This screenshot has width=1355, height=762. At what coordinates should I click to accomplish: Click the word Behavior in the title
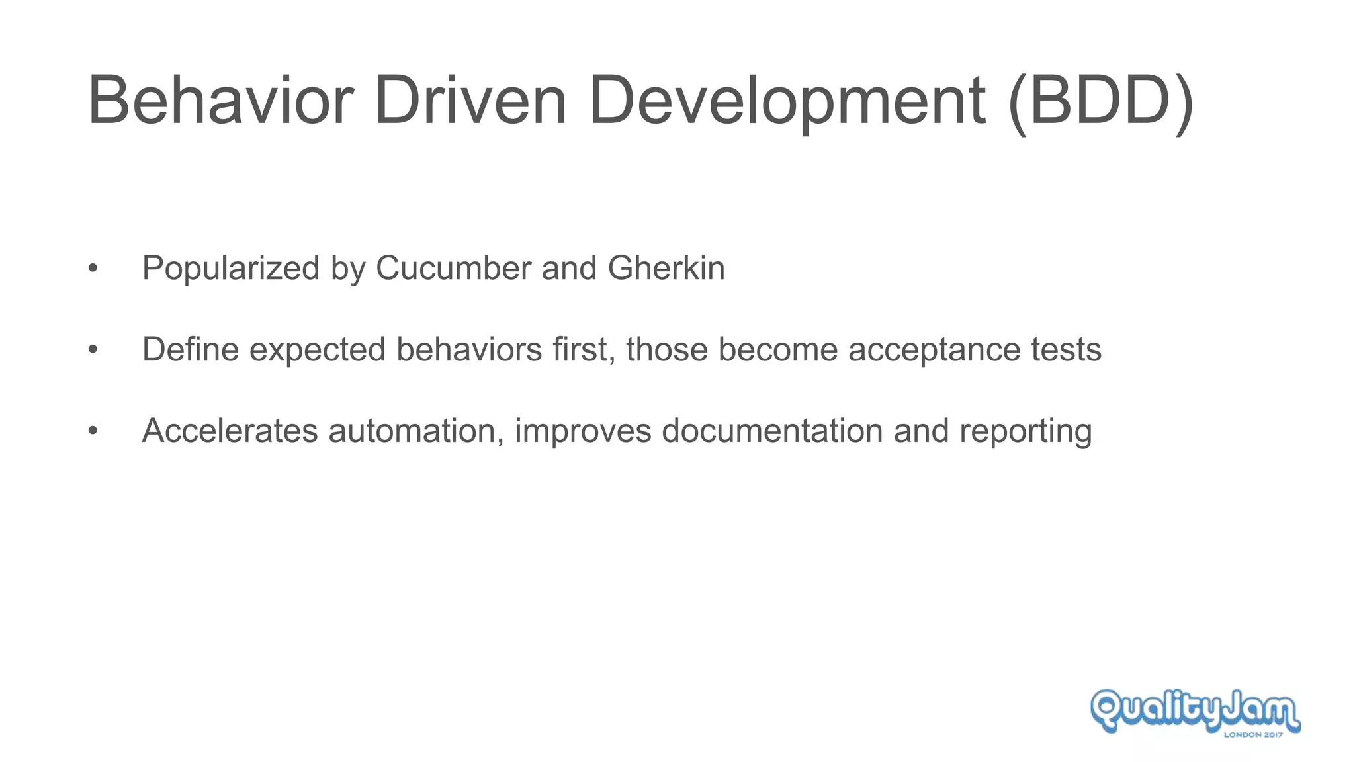click(220, 101)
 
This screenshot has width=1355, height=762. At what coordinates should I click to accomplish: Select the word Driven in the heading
click(470, 101)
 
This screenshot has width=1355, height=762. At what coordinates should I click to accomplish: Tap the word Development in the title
click(787, 101)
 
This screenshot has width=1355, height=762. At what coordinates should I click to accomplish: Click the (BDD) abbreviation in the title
click(1102, 101)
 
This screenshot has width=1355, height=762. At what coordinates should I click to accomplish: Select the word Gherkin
click(666, 269)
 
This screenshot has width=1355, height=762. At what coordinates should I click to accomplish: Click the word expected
click(318, 351)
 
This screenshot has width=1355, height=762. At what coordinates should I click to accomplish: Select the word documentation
click(772, 431)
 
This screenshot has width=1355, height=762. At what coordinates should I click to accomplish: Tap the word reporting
click(1026, 432)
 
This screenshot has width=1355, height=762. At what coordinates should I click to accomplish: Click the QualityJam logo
click(1195, 710)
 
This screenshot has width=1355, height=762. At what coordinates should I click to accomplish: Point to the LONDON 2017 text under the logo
click(1253, 734)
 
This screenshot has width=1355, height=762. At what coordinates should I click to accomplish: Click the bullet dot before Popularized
click(93, 269)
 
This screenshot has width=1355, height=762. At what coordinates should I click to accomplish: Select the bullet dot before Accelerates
click(93, 431)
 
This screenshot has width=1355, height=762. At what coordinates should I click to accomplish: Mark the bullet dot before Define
click(93, 349)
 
